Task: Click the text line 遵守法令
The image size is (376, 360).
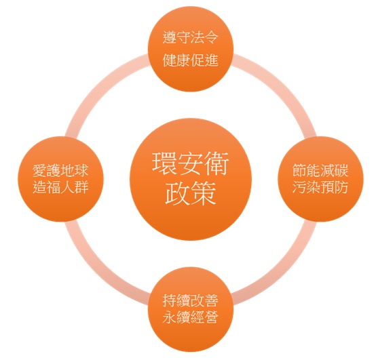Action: point(191,37)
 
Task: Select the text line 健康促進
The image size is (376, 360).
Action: point(191,60)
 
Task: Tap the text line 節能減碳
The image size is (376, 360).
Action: point(320,170)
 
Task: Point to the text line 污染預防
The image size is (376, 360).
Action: point(320,186)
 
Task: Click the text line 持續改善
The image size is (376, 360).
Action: point(191,300)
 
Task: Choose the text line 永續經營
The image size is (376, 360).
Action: point(191,317)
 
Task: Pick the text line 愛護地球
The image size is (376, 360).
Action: point(60,170)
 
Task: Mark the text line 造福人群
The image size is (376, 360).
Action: point(60,186)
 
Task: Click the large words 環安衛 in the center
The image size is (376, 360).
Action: point(191,163)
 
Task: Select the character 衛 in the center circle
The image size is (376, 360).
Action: point(217,163)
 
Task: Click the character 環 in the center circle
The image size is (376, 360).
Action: point(165,163)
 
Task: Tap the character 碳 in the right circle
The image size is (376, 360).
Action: point(341,170)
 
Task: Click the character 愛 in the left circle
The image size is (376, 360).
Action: point(39,170)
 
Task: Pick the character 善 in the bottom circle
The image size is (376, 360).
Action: point(211,300)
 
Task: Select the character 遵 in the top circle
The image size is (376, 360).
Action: point(170,37)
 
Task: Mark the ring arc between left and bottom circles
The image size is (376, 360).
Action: point(96,271)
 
